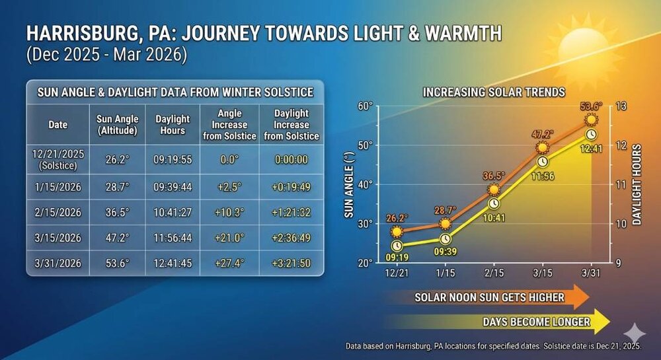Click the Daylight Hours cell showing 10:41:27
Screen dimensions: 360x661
[173, 212]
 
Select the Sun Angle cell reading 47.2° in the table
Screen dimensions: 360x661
[118, 237]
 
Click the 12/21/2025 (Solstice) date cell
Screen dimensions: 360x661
[58, 158]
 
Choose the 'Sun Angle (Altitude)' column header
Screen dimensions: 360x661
[118, 124]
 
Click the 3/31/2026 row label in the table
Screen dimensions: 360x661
[58, 263]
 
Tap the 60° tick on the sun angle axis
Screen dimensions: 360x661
[365, 106]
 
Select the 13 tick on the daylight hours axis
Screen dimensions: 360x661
[621, 106]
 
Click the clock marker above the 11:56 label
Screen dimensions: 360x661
[543, 161]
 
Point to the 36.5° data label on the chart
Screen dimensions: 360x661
[493, 176]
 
